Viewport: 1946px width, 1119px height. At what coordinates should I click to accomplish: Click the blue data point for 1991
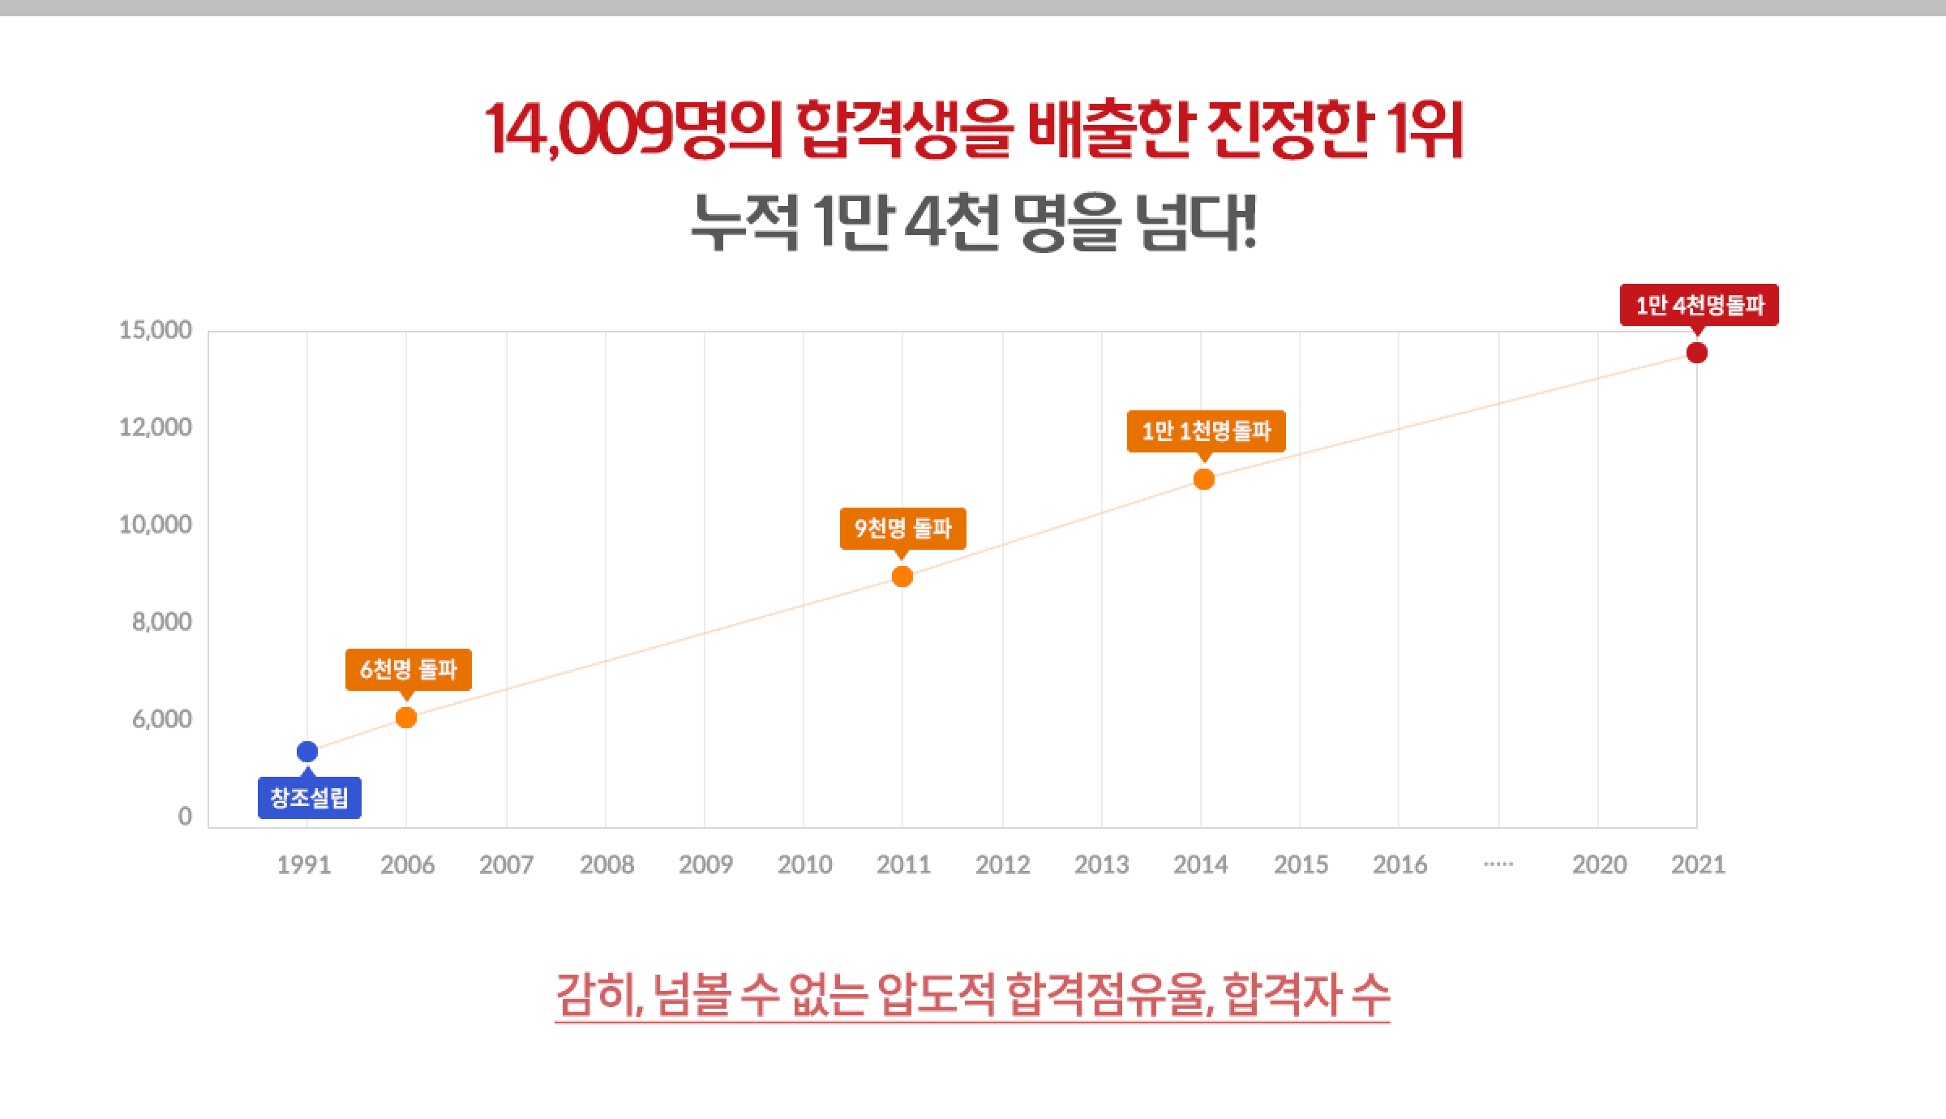[307, 752]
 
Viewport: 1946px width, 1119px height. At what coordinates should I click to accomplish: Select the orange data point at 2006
[406, 718]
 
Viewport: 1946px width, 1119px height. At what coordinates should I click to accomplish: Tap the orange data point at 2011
[902, 577]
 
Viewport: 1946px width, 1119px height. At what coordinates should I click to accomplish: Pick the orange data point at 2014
[1204, 479]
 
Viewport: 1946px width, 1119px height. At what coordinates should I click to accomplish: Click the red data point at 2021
[1696, 353]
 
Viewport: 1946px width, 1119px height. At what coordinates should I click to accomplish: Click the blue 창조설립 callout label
[309, 799]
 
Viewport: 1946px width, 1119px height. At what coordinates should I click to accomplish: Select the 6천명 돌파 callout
[408, 670]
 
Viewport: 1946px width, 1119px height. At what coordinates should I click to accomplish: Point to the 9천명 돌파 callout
[902, 529]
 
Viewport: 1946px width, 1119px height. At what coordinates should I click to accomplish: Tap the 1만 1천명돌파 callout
[1206, 431]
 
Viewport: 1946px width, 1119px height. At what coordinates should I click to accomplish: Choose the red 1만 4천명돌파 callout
[1699, 305]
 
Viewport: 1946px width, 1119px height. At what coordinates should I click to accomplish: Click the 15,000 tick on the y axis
[155, 330]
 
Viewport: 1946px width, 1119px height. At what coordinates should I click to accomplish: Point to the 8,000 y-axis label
[161, 622]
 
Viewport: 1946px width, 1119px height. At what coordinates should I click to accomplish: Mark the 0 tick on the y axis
[185, 817]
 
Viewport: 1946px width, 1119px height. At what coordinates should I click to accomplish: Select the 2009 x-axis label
[705, 865]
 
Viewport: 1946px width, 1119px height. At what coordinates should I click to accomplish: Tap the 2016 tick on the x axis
[1399, 865]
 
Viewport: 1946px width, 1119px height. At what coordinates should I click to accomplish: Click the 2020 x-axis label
[1599, 865]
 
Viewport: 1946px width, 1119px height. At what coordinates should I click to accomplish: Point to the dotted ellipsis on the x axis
[1498, 864]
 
